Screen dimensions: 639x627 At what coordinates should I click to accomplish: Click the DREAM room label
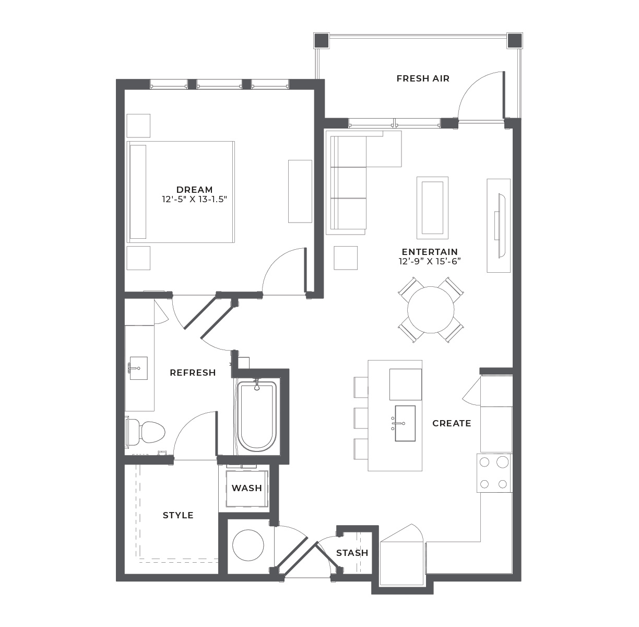[194, 190]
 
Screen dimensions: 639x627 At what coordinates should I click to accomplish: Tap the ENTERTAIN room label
[430, 252]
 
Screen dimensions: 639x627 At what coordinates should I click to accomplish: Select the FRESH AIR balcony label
[423, 79]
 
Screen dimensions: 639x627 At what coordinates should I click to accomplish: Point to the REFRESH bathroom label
[193, 373]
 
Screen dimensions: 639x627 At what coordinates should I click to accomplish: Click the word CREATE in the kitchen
[452, 424]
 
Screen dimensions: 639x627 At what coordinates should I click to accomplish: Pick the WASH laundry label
[247, 488]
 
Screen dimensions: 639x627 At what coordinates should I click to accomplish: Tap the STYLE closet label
[178, 516]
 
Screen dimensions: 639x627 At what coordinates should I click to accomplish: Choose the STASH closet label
[352, 553]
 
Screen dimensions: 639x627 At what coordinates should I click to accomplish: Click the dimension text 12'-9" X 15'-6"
[430, 262]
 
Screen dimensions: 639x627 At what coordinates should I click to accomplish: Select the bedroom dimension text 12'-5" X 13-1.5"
[194, 200]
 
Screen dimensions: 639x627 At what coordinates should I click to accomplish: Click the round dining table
[431, 310]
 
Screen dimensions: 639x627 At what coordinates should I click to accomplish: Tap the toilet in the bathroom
[145, 432]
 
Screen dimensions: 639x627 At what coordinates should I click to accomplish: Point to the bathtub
[257, 416]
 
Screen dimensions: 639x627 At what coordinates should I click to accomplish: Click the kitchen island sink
[405, 423]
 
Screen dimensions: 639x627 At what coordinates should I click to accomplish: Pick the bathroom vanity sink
[138, 368]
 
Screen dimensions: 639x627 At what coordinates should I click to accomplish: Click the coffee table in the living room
[432, 208]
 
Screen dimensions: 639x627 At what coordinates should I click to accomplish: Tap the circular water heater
[248, 545]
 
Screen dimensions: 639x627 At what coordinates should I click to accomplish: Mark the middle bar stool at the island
[361, 418]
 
